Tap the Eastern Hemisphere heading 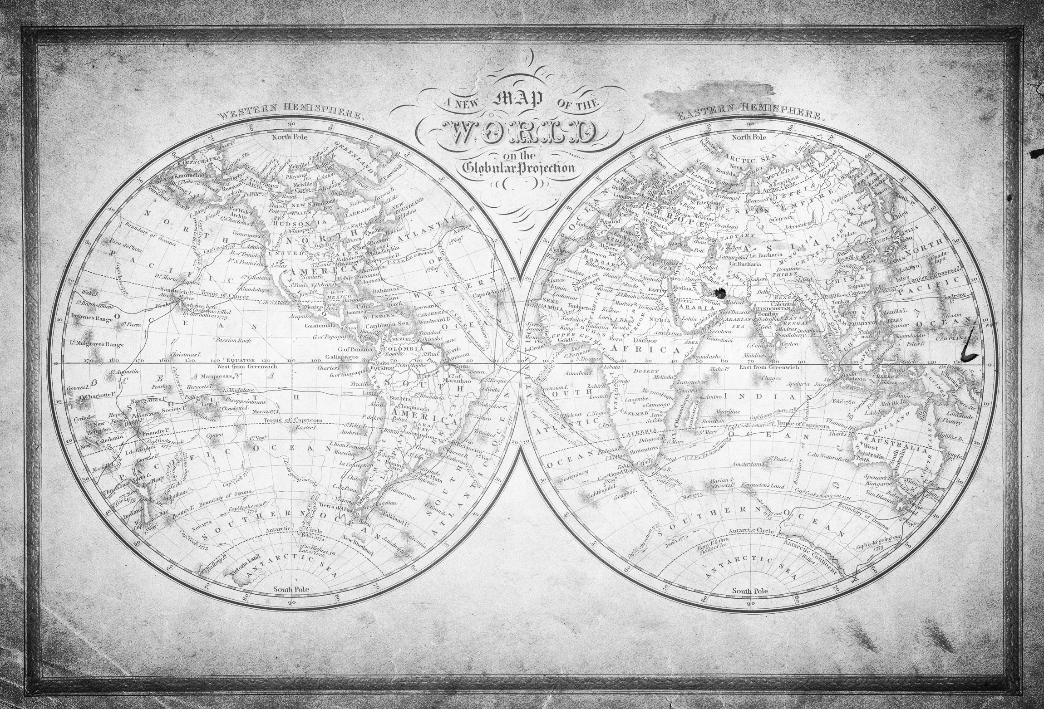[x=749, y=112]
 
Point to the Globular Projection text [x=518, y=168]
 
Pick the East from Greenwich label [x=772, y=367]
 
